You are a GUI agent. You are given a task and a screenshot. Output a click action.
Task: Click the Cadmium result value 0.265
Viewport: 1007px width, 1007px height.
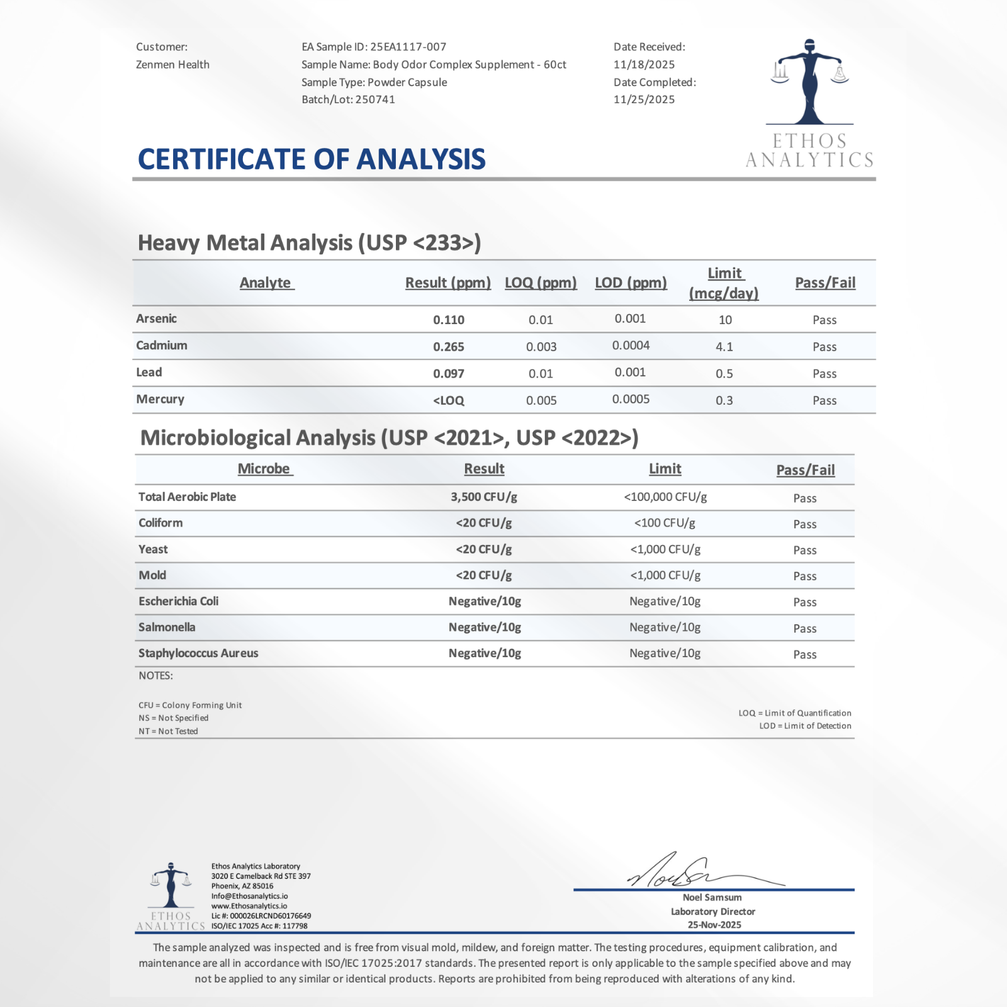click(448, 347)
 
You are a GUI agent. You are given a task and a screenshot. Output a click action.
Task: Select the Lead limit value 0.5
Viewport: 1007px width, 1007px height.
click(724, 374)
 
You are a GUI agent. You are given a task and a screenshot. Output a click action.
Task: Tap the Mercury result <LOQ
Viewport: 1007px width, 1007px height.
click(448, 400)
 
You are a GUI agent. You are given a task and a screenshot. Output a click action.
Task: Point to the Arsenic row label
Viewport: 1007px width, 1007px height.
click(156, 318)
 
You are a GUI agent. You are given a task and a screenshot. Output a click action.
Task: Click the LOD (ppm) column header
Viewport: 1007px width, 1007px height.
click(631, 283)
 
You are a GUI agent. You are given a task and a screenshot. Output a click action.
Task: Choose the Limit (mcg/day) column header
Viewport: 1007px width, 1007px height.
click(724, 283)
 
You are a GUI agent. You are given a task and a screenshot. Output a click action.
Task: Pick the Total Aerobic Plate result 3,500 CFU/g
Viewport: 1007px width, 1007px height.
click(483, 497)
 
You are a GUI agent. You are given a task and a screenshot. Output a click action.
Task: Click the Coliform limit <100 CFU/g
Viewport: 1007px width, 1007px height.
click(665, 523)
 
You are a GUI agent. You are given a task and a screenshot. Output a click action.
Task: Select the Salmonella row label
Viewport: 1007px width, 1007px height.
click(167, 627)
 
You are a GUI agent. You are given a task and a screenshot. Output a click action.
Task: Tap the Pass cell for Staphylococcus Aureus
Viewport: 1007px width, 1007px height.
click(804, 655)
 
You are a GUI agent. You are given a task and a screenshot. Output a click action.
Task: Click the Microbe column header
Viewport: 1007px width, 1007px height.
click(264, 469)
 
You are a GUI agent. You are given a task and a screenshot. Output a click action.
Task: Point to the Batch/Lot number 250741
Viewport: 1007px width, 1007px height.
click(375, 99)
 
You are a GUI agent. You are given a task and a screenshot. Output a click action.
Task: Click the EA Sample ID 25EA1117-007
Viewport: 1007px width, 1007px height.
click(408, 47)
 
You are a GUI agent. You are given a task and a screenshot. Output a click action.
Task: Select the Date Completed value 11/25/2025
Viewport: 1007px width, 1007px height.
click(644, 99)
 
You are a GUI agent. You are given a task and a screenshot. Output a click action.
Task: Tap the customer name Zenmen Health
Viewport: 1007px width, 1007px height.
click(172, 64)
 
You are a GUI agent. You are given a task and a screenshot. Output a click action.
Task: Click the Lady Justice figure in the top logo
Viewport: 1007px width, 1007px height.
click(809, 82)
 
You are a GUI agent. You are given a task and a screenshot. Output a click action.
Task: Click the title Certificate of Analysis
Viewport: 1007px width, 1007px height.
click(312, 159)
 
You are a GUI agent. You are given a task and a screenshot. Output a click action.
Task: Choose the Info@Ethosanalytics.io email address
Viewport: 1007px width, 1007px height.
click(249, 896)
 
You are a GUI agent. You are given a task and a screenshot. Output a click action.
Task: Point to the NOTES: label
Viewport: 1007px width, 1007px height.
click(155, 675)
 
